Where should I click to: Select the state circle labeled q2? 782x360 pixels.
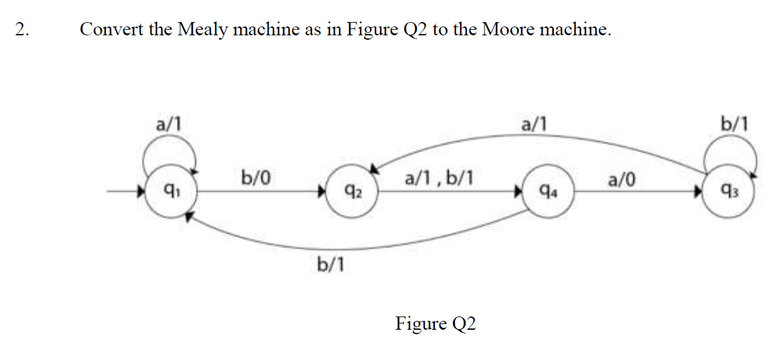click(x=353, y=190)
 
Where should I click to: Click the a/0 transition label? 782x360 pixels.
click(x=621, y=180)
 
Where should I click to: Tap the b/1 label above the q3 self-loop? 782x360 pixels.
click(x=735, y=122)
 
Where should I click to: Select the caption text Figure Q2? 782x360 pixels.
click(x=435, y=323)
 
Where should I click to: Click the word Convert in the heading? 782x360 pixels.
click(x=112, y=30)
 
